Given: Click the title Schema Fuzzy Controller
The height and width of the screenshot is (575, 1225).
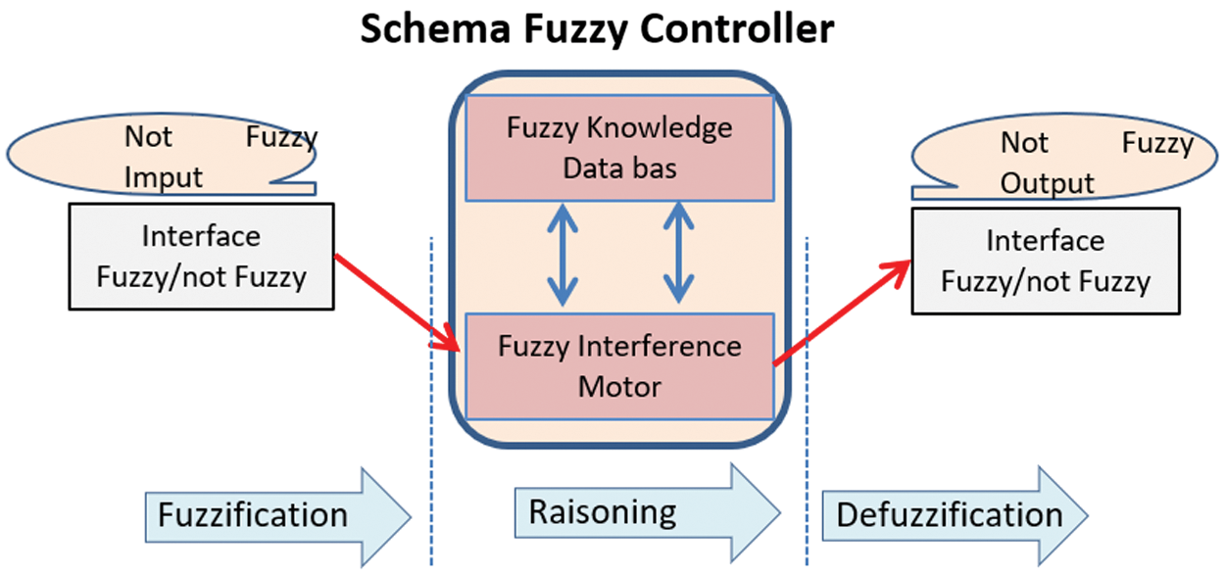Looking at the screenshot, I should point(597,29).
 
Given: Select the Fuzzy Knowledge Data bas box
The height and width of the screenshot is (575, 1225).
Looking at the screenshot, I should point(619,147).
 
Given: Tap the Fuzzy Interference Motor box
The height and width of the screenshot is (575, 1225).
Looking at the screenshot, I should point(619,365).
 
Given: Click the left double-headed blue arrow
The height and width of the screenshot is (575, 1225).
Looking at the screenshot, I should point(562,252).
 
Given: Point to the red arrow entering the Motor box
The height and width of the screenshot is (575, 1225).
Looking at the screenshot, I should point(397,302).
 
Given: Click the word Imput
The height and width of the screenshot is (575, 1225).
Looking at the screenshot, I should point(164,177).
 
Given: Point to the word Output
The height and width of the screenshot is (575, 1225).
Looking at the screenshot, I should point(1047,184).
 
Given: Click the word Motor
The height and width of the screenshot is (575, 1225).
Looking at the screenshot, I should point(619,386).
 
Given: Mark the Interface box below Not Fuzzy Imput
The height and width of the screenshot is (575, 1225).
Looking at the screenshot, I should point(201,257).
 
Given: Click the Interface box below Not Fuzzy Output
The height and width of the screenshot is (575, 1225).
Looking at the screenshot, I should point(1046,261).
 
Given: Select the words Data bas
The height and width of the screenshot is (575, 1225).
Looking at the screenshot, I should point(619,168).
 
